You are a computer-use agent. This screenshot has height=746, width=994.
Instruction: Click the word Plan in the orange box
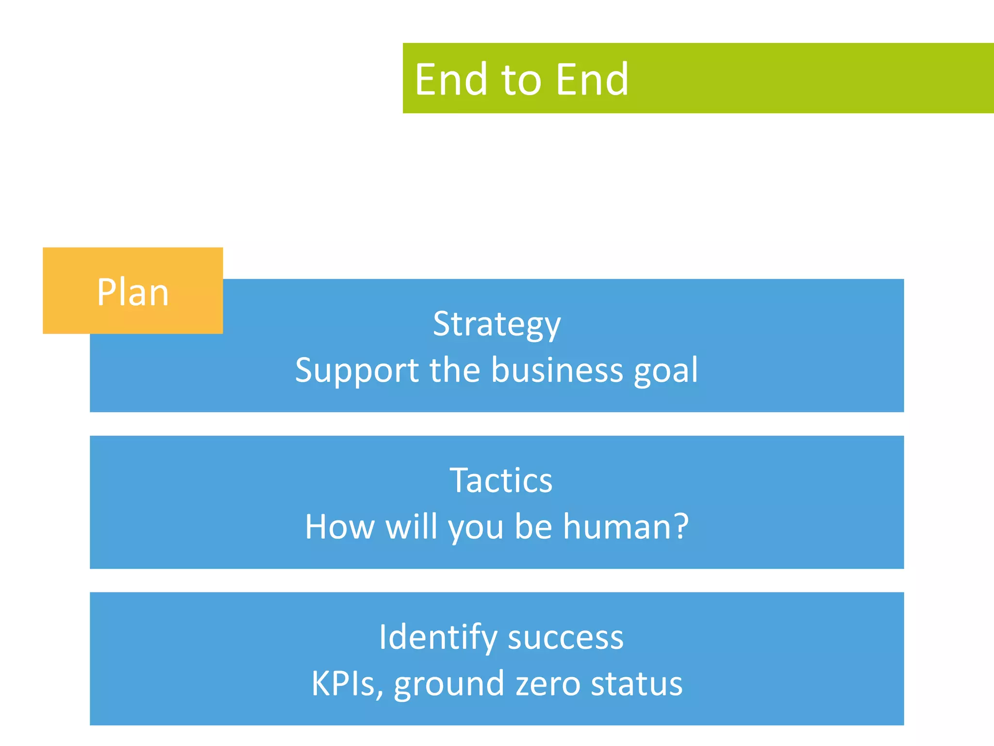tap(133, 292)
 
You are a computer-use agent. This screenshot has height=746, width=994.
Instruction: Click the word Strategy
tap(497, 324)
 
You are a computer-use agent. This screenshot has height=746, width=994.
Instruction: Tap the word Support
tap(357, 371)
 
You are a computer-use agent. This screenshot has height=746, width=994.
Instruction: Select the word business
tap(557, 371)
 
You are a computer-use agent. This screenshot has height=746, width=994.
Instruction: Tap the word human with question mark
tap(626, 527)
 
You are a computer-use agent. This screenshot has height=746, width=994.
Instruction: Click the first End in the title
tap(451, 79)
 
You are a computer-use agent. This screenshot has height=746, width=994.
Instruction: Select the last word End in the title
tap(592, 79)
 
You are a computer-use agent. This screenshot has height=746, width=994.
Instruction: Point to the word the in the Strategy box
tap(454, 371)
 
